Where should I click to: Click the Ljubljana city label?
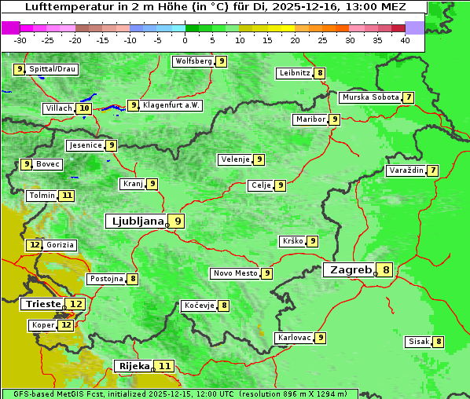click(135, 221)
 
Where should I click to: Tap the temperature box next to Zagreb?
click(386, 270)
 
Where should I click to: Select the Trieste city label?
click(42, 304)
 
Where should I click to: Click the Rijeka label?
click(134, 366)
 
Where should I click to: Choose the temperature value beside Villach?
click(84, 108)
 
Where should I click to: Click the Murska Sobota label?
click(369, 97)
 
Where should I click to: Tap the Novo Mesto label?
click(235, 273)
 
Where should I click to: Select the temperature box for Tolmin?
click(68, 196)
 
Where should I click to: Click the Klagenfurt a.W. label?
click(171, 105)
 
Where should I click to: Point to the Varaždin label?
click(406, 170)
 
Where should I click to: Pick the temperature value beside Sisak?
click(439, 342)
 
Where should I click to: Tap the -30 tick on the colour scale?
click(20, 39)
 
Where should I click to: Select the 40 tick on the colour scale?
click(404, 39)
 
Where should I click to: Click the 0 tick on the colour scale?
click(185, 39)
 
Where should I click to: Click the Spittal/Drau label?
click(53, 69)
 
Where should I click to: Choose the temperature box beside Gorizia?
click(34, 245)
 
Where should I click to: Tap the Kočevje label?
click(198, 306)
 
